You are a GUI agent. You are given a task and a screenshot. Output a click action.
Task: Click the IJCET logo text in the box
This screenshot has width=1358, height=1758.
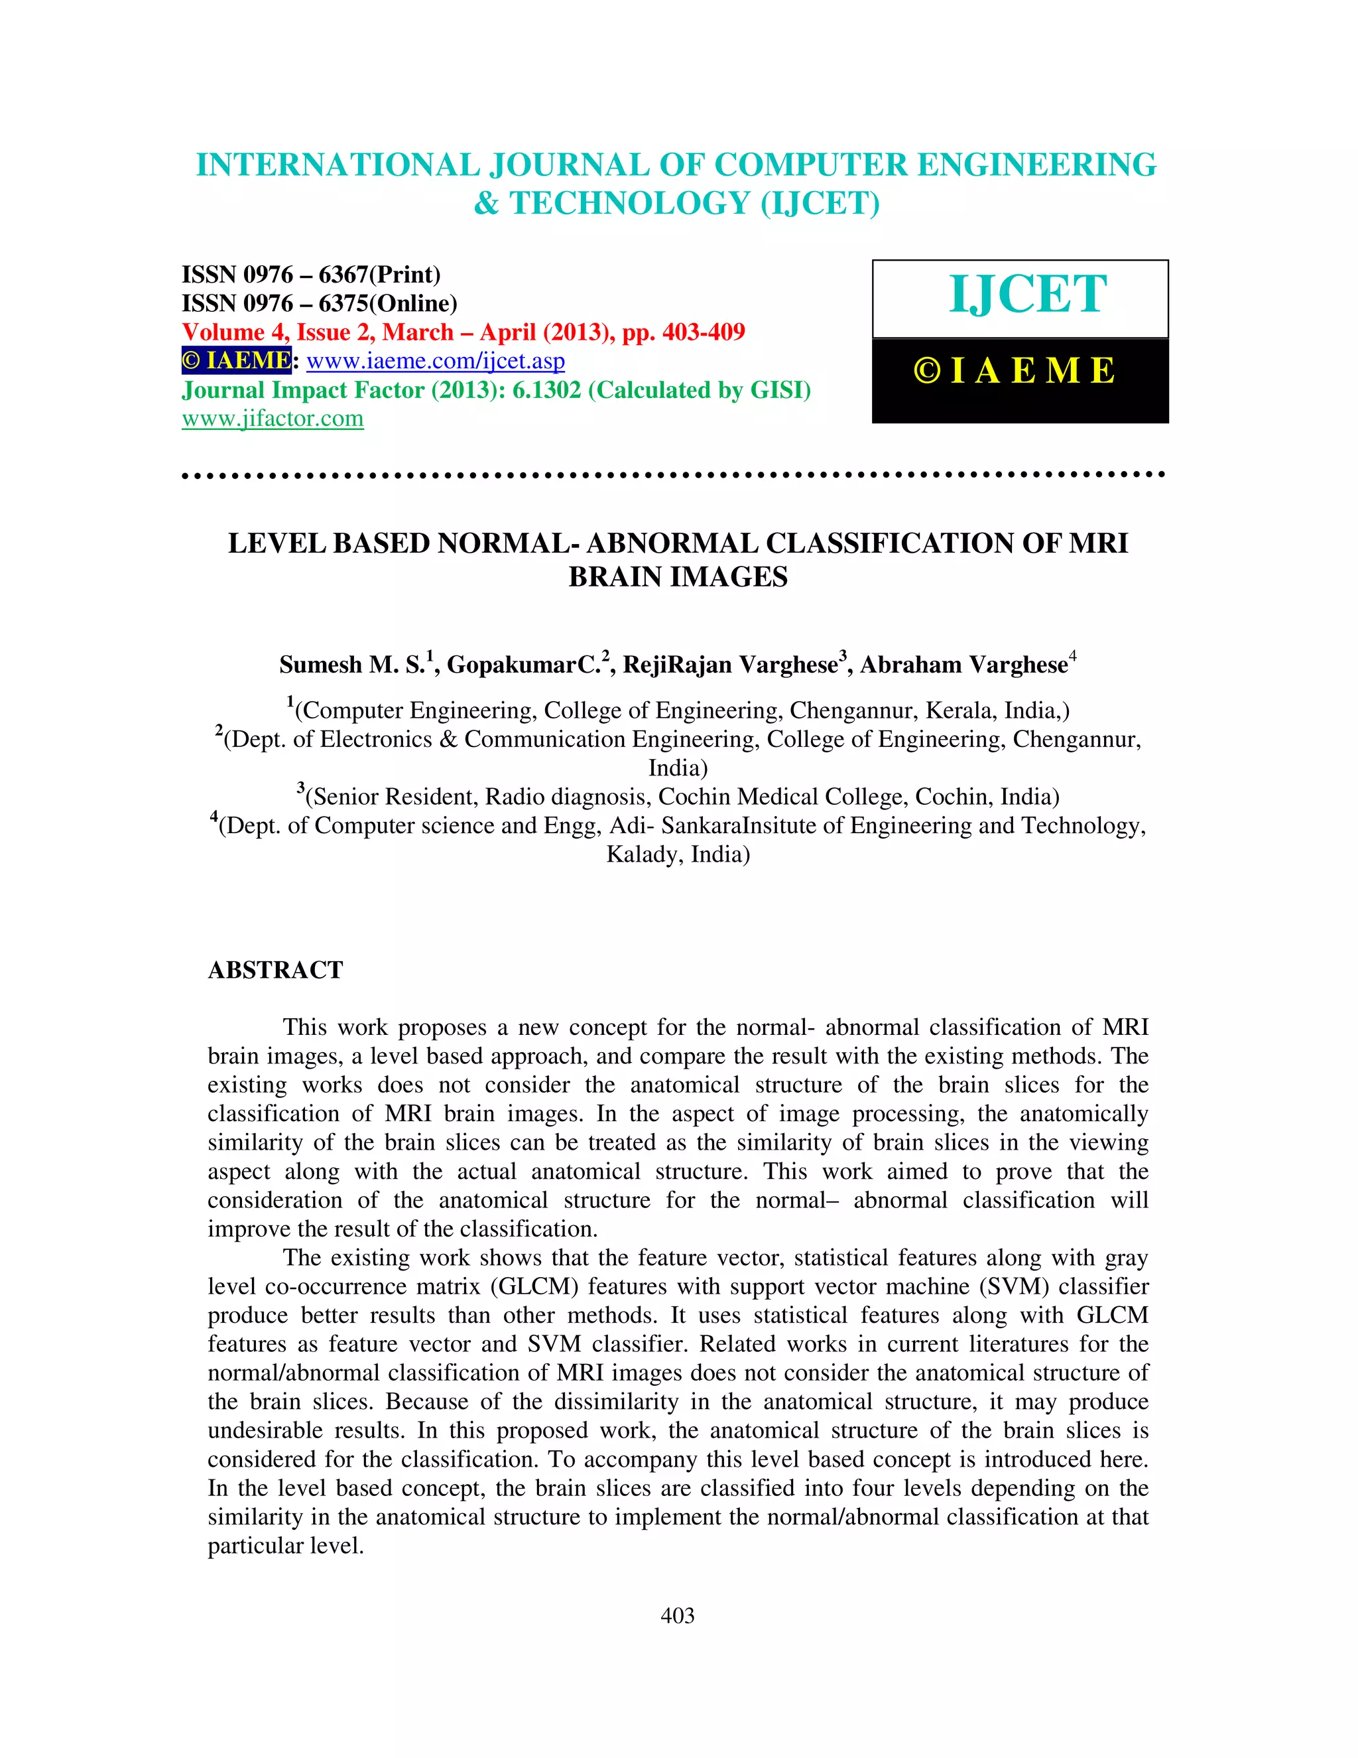click(x=1027, y=295)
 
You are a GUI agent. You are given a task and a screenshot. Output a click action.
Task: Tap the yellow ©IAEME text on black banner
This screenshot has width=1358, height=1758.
click(x=1015, y=371)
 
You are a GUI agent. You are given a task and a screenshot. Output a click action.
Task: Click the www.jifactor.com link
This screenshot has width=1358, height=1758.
click(x=273, y=419)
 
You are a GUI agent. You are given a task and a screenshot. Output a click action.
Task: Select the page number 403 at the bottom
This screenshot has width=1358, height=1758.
click(x=678, y=1615)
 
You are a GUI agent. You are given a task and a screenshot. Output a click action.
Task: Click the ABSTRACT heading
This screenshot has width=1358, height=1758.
click(x=275, y=970)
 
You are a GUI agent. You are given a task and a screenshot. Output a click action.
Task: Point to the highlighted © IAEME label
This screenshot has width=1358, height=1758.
click(x=237, y=361)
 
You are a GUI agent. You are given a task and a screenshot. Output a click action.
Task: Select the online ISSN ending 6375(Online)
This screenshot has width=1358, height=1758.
click(x=388, y=303)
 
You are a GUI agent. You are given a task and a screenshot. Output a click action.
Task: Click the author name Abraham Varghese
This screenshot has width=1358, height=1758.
click(x=963, y=665)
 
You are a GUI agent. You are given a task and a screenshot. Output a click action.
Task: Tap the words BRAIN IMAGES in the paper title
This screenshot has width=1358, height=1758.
click(x=678, y=577)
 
